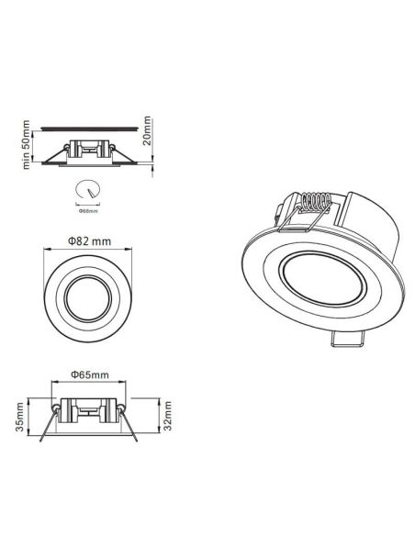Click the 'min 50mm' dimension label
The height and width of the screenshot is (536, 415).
coord(27,144)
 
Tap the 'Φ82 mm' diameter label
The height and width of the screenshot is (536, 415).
coord(89,240)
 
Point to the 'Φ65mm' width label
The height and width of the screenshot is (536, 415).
coord(88,376)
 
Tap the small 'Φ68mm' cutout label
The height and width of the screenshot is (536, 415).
coord(88,211)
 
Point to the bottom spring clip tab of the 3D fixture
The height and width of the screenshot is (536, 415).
coord(345,342)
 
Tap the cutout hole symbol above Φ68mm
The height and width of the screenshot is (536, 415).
coord(88,190)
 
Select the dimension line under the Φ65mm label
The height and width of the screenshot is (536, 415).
coord(88,385)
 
